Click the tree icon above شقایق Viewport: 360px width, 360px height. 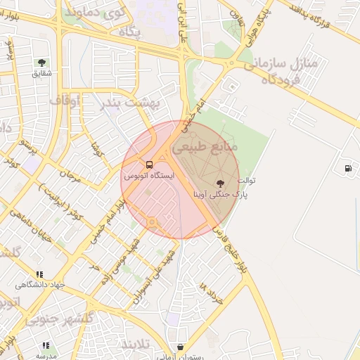pos(41,63)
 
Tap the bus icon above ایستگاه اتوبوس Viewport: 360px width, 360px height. pos(148,165)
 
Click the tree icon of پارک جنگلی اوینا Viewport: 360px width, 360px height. pos(223,182)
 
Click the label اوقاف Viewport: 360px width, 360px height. pos(65,101)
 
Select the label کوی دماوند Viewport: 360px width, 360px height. pos(95,12)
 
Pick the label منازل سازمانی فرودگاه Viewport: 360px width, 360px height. pos(282,71)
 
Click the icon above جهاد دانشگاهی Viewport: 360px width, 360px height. pos(39,274)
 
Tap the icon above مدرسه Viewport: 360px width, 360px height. pos(46,346)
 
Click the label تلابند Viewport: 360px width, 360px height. pos(133,345)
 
